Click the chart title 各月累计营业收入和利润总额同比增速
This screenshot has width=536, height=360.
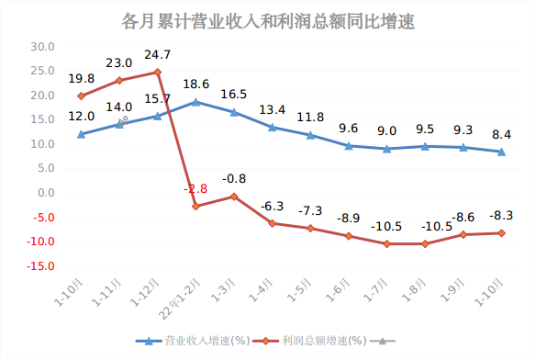tap(268, 21)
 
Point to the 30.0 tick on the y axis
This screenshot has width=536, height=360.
tap(43, 46)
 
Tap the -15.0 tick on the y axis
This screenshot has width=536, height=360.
tap(41, 266)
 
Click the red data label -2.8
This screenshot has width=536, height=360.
tap(195, 188)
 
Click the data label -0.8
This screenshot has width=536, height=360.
tap(235, 179)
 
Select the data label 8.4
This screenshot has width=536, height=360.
tap(501, 134)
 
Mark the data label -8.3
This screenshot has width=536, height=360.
tap(500, 215)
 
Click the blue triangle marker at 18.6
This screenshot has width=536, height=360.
tap(195, 102)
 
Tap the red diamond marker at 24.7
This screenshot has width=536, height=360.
tap(157, 72)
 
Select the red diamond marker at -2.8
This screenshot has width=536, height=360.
tap(195, 207)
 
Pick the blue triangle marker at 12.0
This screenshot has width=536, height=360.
tap(81, 134)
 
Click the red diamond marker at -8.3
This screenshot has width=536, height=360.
tap(501, 233)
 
